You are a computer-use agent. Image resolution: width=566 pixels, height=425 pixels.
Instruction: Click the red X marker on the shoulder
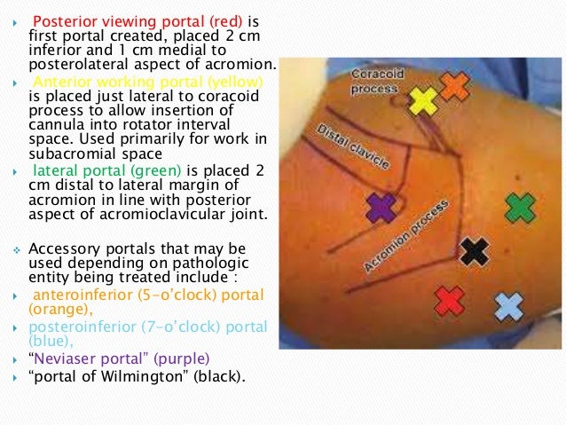tap(450, 300)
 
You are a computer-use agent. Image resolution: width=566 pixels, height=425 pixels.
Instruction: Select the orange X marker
tap(454, 85)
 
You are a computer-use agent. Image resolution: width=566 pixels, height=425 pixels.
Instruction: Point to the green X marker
tap(520, 208)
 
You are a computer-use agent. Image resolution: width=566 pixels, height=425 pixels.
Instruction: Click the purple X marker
tap(381, 208)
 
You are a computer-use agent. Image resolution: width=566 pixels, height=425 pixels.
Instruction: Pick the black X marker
tap(476, 252)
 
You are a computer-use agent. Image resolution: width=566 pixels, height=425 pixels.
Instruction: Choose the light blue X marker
tap(509, 306)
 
